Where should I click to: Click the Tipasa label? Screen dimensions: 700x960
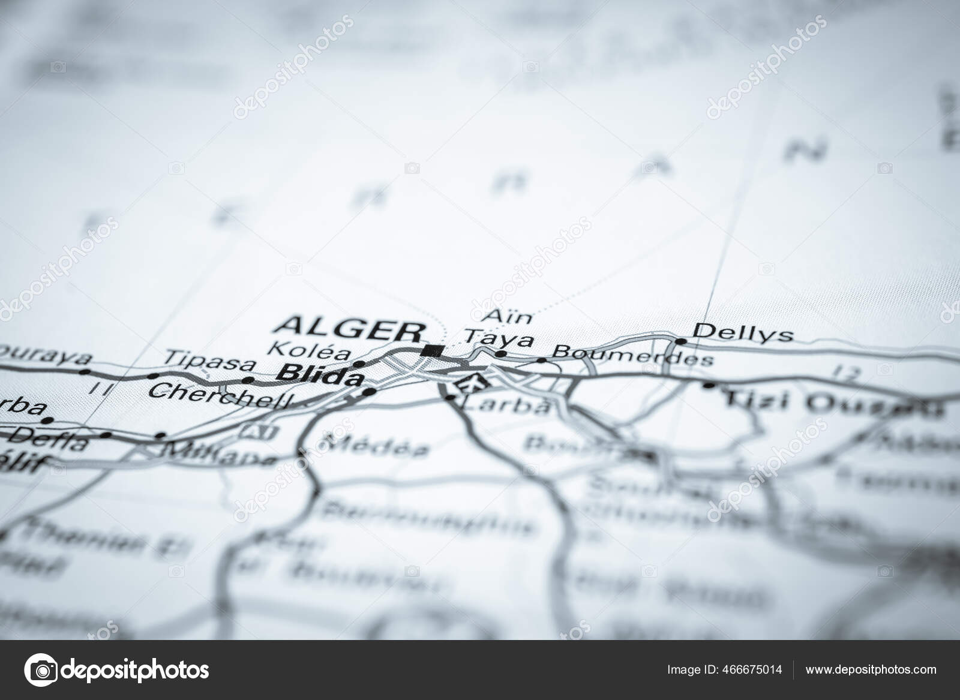tap(210, 359)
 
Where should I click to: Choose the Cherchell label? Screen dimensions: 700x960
tap(221, 394)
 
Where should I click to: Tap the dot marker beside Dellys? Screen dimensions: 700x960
tap(681, 341)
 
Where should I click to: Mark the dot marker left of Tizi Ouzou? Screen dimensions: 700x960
tap(710, 385)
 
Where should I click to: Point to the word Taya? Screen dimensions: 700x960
tap(499, 339)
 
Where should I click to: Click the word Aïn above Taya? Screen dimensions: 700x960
tap(499, 316)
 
